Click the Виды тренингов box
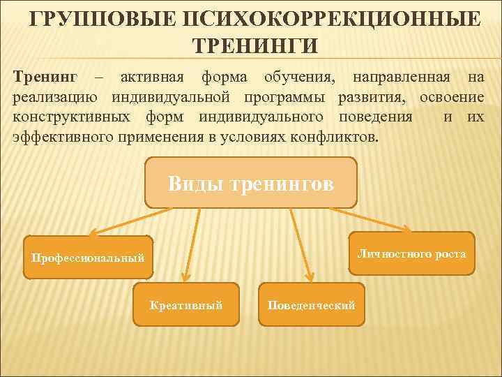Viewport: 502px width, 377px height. point(251,183)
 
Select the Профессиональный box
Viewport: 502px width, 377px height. point(88,258)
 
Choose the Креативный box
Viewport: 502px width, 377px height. point(186,304)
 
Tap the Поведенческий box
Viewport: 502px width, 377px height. point(311,304)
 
